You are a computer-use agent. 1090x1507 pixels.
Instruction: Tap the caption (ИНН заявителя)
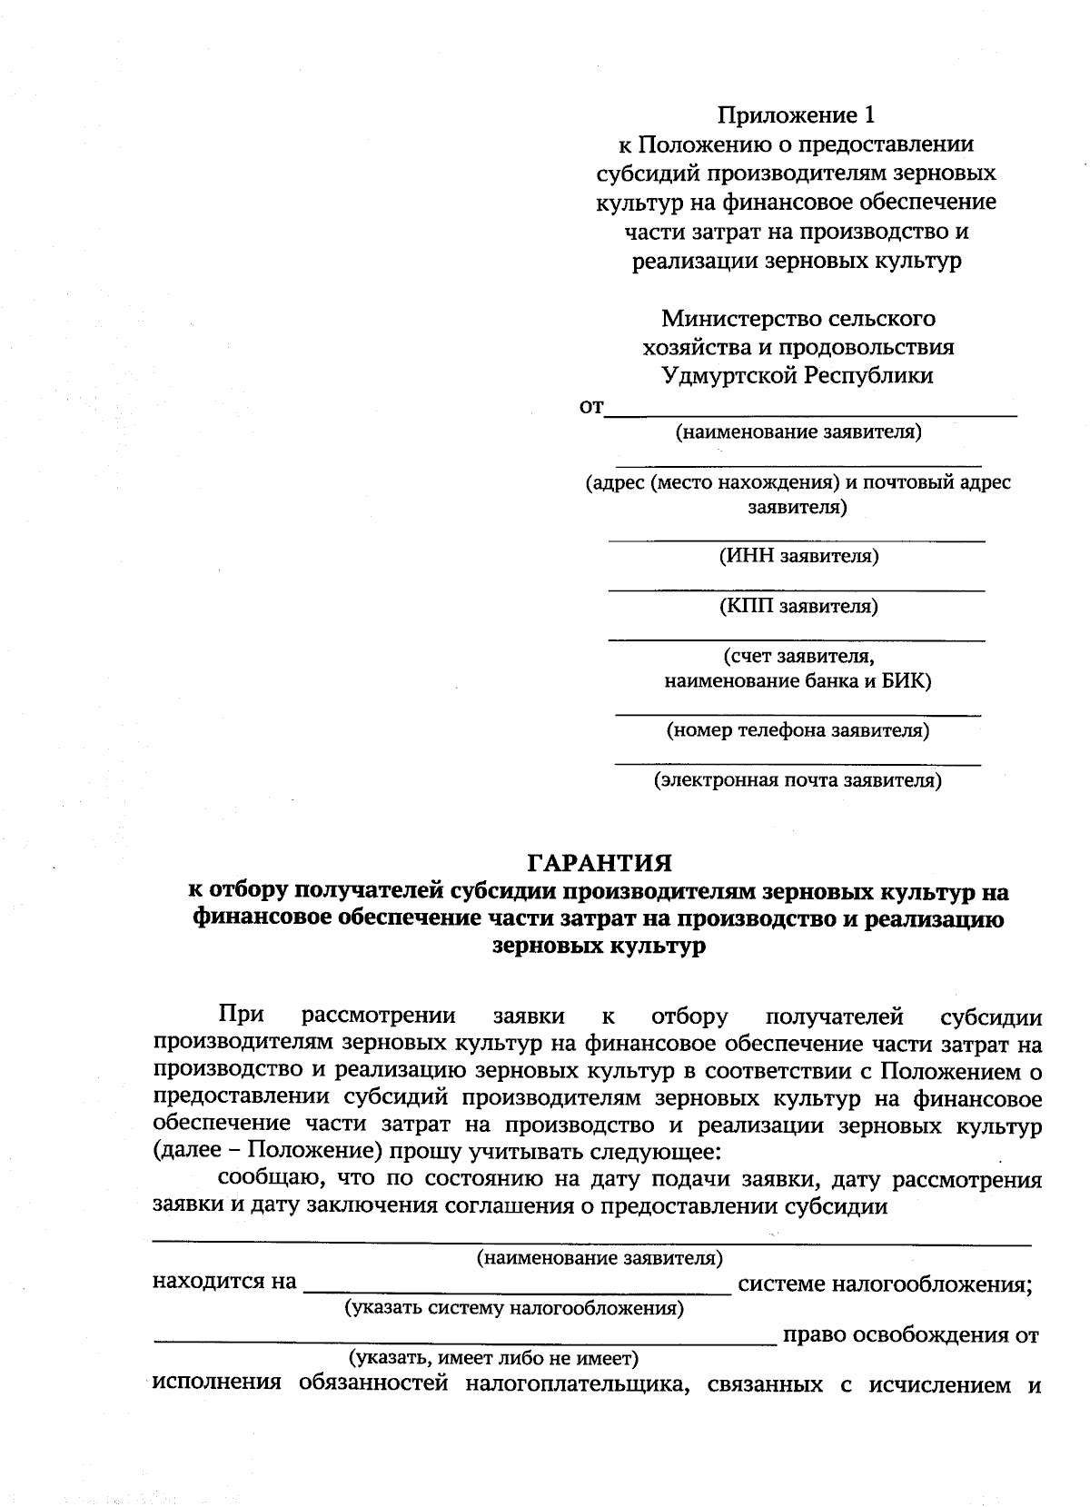point(798,555)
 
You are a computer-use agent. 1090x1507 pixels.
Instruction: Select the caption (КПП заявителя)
point(798,605)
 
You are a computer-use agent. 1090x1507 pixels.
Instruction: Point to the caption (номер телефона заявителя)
point(798,729)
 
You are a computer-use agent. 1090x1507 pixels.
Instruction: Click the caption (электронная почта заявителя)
point(798,779)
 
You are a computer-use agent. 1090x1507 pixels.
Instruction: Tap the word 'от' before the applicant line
point(590,408)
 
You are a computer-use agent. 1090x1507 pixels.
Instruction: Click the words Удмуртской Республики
point(798,375)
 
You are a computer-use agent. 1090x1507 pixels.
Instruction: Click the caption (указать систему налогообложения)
point(513,1308)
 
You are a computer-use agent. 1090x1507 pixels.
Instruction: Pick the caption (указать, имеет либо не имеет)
point(494,1359)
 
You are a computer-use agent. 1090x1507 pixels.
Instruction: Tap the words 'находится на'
point(224,1282)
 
